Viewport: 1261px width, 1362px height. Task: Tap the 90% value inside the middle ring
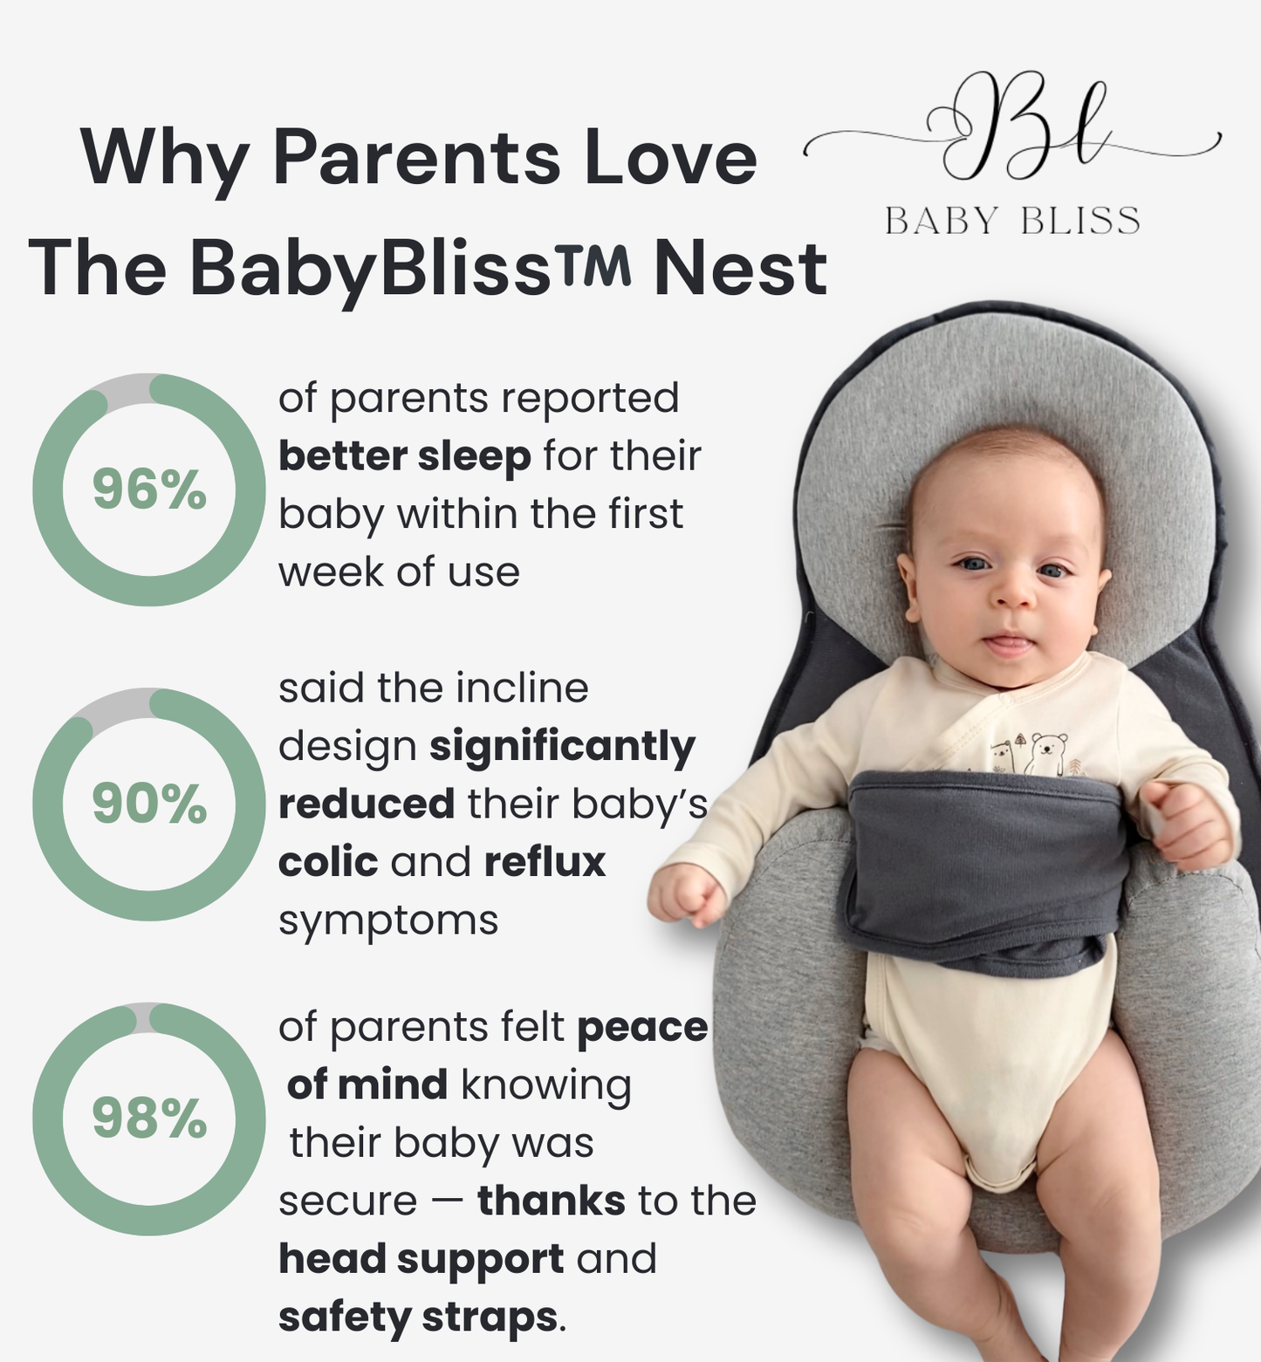tap(149, 804)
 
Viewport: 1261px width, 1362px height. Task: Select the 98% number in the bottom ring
tap(149, 1119)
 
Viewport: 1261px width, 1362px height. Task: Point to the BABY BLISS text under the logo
tap(1012, 222)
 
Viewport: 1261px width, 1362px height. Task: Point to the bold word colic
tap(328, 862)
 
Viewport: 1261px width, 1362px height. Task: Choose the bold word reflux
tap(545, 862)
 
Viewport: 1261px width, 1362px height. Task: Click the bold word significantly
tap(563, 746)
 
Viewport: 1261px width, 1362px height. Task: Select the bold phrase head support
tap(421, 1258)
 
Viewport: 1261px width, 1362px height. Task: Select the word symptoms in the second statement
tap(388, 921)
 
